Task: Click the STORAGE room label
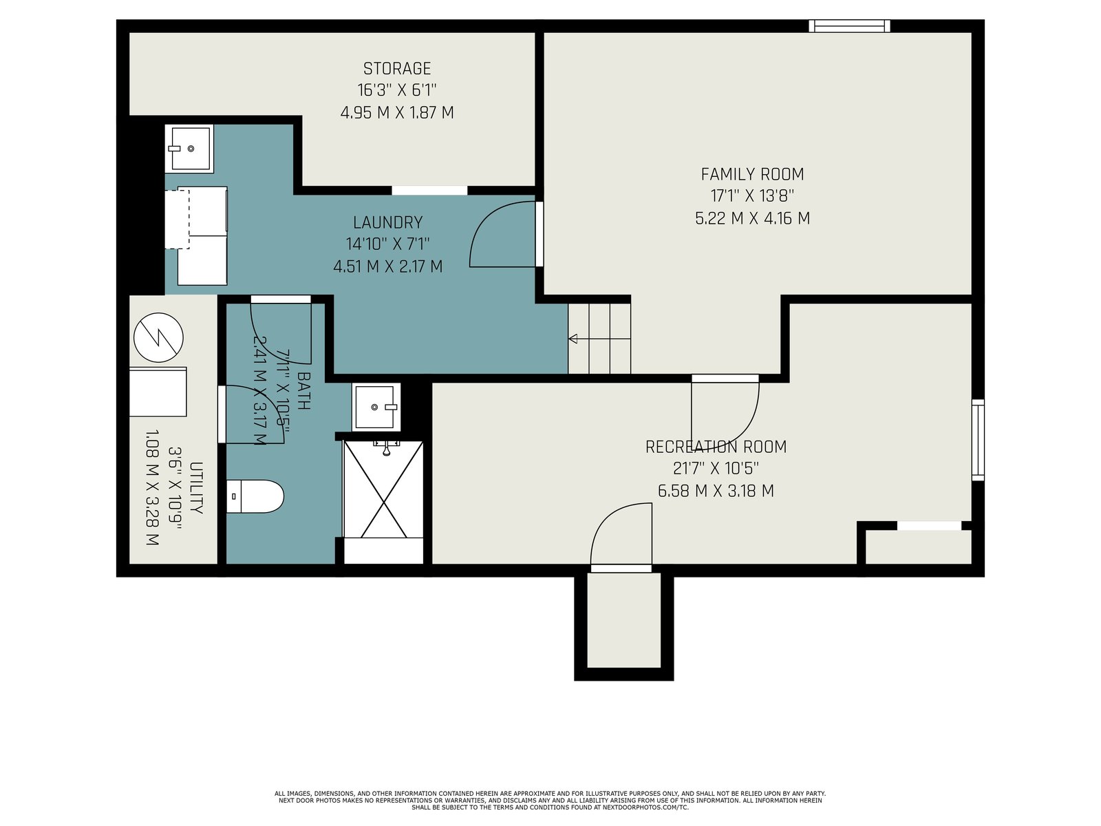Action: click(397, 68)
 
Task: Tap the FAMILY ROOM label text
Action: click(752, 174)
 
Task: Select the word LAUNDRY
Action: click(387, 222)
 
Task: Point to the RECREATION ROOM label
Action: click(716, 446)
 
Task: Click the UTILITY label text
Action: click(197, 488)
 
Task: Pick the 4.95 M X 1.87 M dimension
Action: click(397, 112)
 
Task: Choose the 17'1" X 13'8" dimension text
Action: click(752, 195)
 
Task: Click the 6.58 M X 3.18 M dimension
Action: click(716, 491)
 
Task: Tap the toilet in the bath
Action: click(255, 496)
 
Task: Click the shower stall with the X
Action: click(384, 489)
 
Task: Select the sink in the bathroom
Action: click(376, 407)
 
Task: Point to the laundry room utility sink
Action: click(189, 149)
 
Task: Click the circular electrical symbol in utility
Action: click(158, 337)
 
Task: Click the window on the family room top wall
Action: click(849, 25)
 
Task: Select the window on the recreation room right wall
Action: click(978, 440)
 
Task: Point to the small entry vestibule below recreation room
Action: click(623, 620)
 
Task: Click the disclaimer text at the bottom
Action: click(550, 801)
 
